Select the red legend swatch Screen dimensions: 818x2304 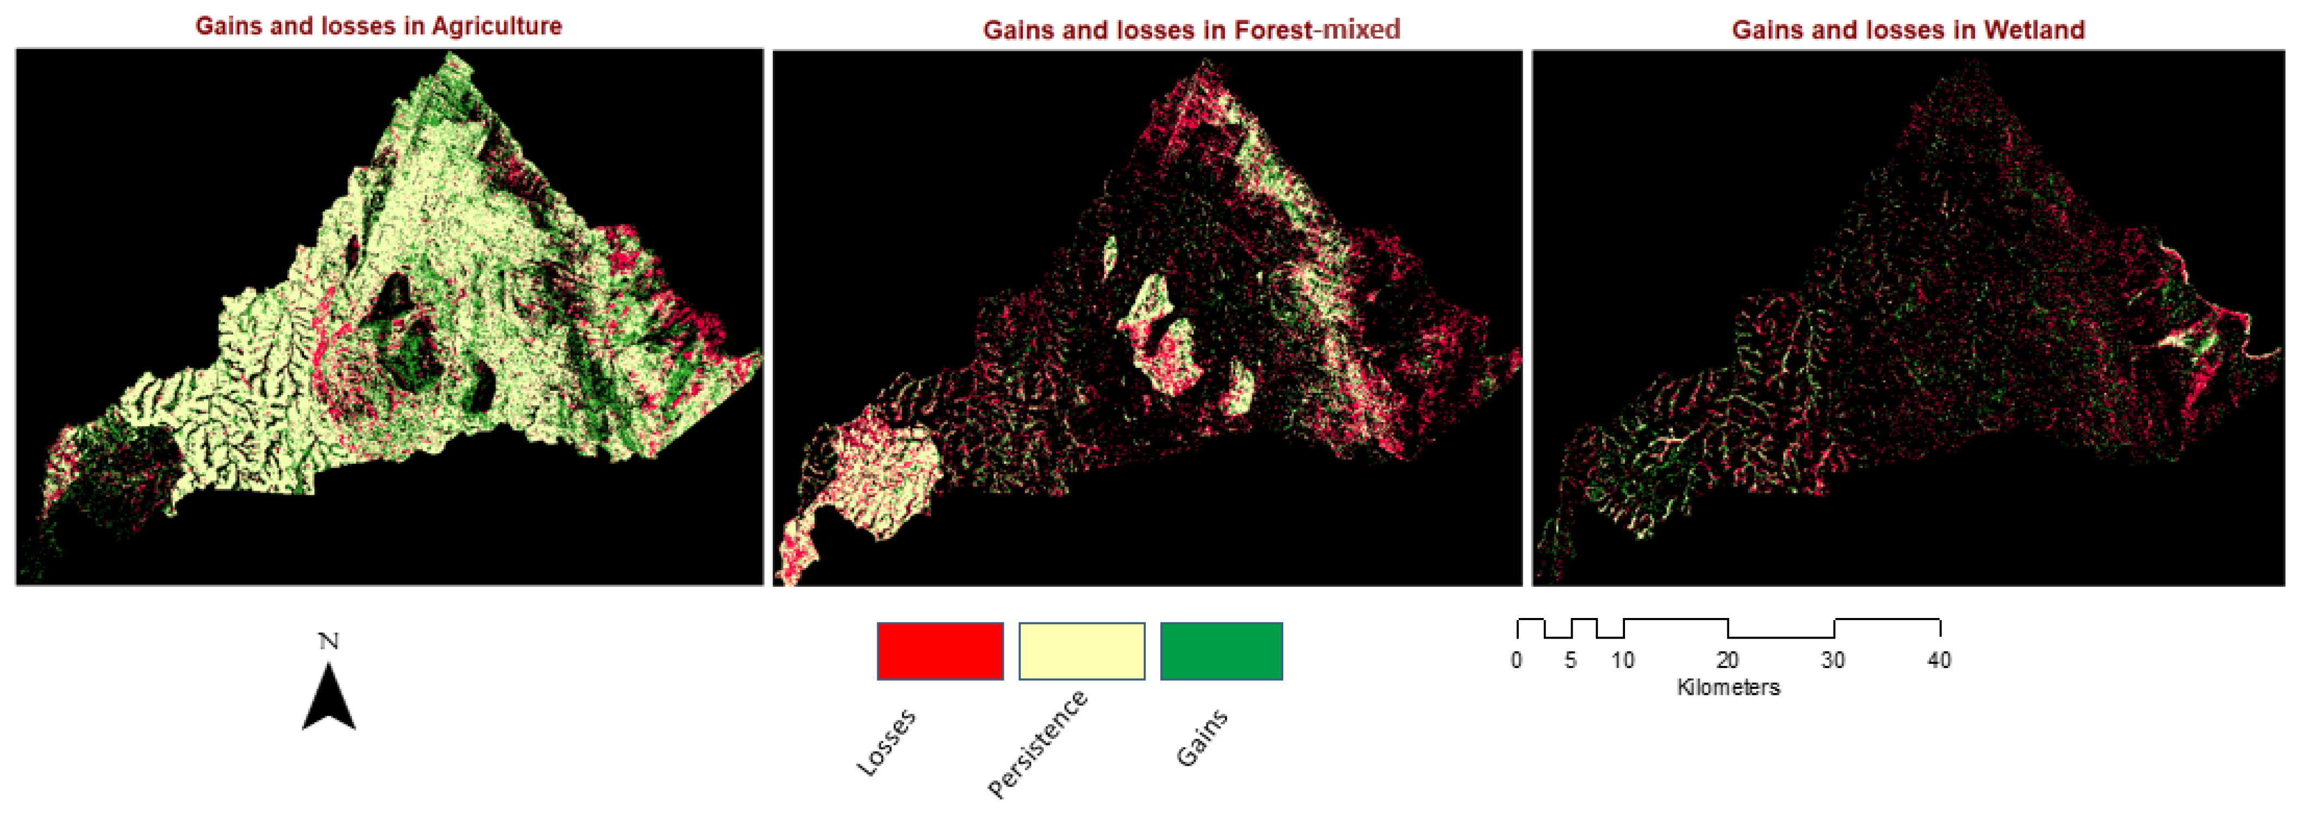(x=940, y=651)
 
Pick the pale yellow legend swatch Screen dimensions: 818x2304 (x=1081, y=651)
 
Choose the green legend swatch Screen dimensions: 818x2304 (x=1221, y=651)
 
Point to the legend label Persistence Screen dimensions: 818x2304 (x=1038, y=744)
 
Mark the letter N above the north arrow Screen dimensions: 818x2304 (x=328, y=641)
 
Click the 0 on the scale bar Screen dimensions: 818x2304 (x=1516, y=661)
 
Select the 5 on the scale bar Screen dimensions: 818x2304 (x=1569, y=661)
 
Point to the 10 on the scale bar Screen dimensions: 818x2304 (x=1622, y=661)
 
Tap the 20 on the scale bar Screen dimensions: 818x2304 (x=1727, y=661)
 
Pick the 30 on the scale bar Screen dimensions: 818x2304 (x=1833, y=661)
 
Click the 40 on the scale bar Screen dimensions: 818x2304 (x=1938, y=661)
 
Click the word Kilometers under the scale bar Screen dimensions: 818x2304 (x=1728, y=687)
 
